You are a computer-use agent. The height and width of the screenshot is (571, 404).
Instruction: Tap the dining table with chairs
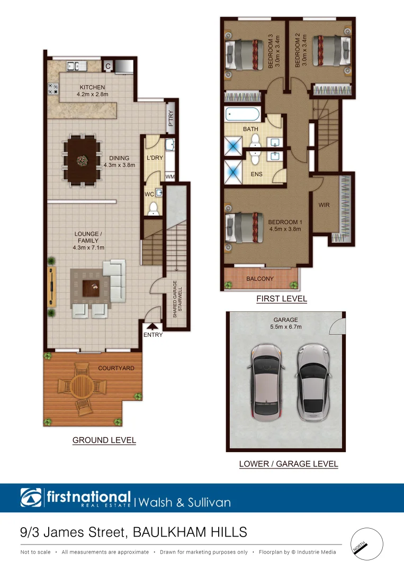82,160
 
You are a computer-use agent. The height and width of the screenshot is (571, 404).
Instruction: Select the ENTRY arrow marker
153,327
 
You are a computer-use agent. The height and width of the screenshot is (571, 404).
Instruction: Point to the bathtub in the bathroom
243,114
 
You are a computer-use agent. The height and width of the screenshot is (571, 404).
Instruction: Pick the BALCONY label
260,279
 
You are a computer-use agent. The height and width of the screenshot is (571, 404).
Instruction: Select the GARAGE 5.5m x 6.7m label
286,323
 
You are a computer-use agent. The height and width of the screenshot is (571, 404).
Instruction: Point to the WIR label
324,205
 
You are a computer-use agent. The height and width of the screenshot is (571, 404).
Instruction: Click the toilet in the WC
154,209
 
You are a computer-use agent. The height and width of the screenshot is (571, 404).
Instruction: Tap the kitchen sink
76,66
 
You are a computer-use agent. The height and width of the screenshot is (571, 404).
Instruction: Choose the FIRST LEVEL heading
282,299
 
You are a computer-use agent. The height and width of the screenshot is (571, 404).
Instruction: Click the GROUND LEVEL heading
104,440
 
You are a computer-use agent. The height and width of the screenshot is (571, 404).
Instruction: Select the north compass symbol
366,544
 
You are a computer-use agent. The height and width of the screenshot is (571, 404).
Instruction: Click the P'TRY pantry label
170,115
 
